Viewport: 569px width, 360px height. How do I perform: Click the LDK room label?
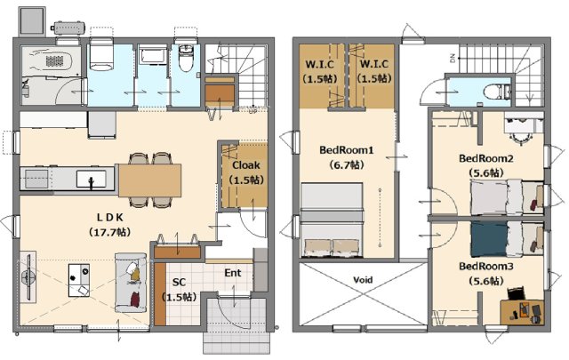pos(110,218)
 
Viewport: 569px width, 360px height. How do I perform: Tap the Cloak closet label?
pos(246,165)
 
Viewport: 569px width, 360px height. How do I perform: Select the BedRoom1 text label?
pos(347,150)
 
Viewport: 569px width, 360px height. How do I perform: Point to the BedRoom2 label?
pos(486,158)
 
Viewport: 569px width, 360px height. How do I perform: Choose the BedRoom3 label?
pos(486,267)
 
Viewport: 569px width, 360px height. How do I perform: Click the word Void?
pos(363,280)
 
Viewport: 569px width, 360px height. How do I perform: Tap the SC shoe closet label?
pos(179,283)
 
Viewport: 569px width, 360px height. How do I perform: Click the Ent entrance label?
pos(233,273)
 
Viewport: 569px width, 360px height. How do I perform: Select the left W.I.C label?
pos(320,65)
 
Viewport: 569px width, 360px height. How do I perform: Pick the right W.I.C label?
pos(374,65)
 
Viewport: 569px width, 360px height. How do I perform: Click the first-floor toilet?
pos(186,58)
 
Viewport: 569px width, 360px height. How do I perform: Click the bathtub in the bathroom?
pos(51,60)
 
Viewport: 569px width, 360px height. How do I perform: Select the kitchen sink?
pos(91,179)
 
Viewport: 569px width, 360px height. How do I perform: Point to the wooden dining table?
pos(150,180)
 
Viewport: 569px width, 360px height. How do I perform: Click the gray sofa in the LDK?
pos(131,283)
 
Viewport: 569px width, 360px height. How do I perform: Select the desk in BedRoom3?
pos(522,312)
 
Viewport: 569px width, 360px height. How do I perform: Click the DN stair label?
pos(453,59)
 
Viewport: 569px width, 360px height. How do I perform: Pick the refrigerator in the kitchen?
pos(102,124)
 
